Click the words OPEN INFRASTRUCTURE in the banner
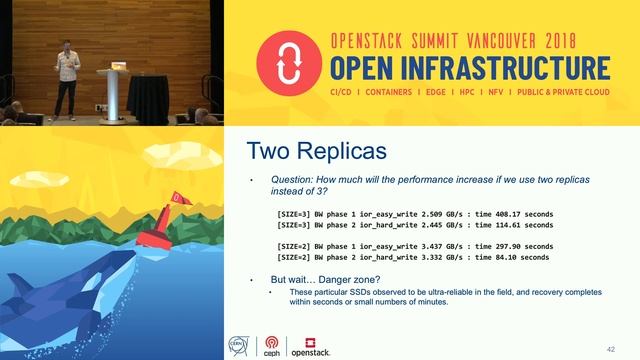(470, 68)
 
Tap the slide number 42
(610, 348)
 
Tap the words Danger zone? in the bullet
(350, 277)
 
